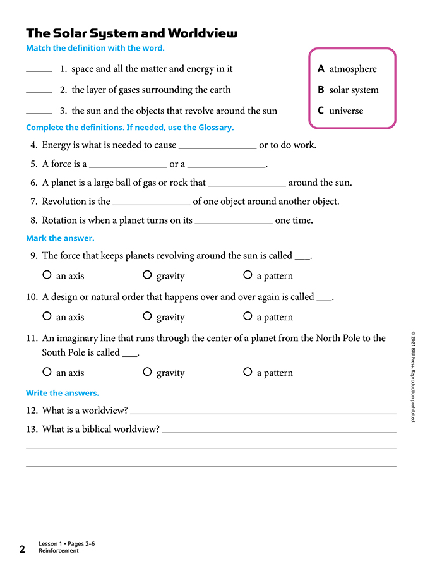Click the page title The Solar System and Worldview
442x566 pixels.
click(132, 33)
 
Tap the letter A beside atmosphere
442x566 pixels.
click(321, 69)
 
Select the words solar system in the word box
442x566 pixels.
click(354, 90)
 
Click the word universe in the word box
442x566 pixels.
click(346, 111)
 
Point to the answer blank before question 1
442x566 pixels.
click(39, 71)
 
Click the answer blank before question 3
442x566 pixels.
click(39, 112)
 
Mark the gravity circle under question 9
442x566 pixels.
click(147, 275)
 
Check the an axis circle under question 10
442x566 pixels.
click(47, 316)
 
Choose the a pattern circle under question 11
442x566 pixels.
click(248, 371)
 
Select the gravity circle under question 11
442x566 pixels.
click(147, 371)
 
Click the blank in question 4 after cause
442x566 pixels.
click(218, 147)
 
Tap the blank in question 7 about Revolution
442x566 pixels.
click(151, 204)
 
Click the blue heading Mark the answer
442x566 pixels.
click(60, 238)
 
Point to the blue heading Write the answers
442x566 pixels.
click(63, 393)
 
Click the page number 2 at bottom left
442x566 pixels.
click(22, 549)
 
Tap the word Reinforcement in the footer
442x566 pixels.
click(59, 551)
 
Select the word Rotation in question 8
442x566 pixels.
click(61, 220)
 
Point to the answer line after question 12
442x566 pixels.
click(263, 412)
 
